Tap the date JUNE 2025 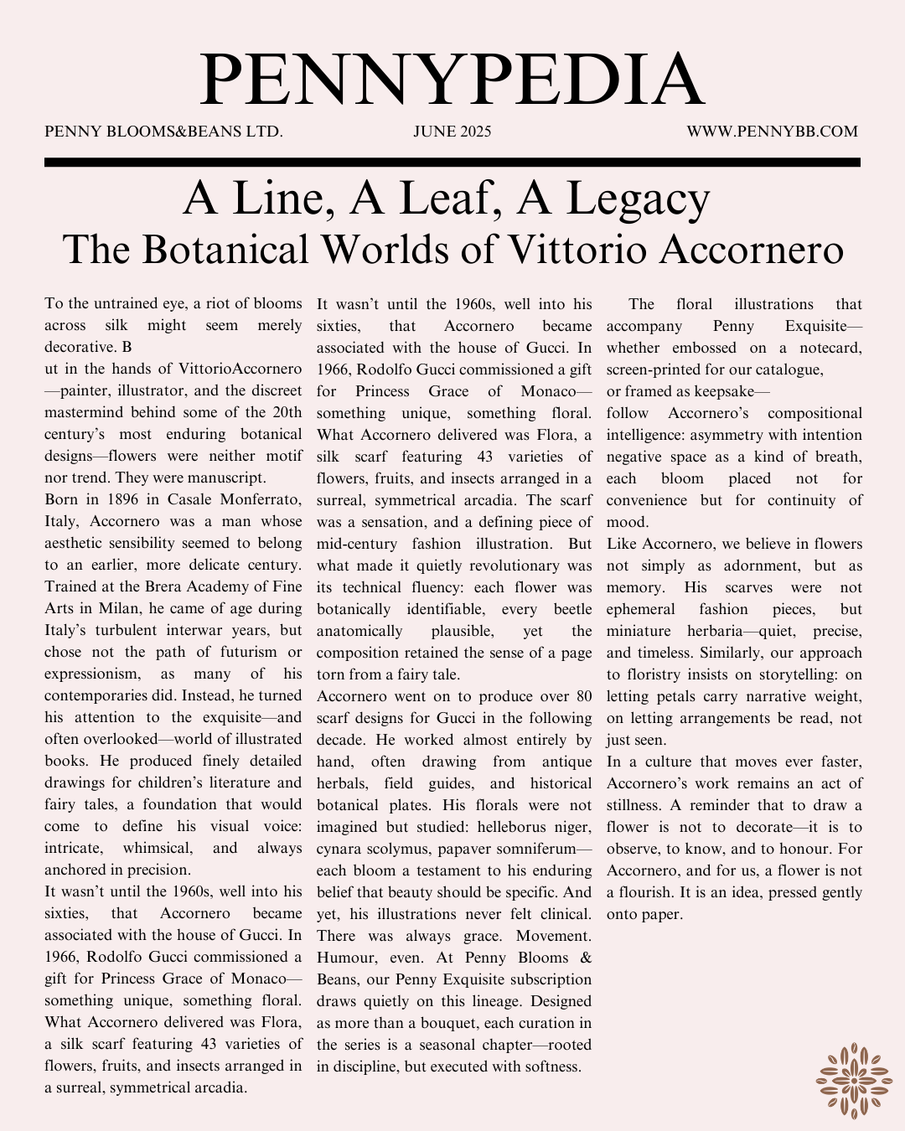pyautogui.click(x=452, y=132)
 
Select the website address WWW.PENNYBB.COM pyautogui.click(x=772, y=132)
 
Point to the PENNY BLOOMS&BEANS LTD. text pyautogui.click(x=163, y=132)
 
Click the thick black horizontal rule pyautogui.click(x=452, y=163)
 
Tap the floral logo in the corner pyautogui.click(x=854, y=1081)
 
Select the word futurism pyautogui.click(x=249, y=652)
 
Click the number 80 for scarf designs pyautogui.click(x=583, y=696)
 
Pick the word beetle pyautogui.click(x=572, y=609)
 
